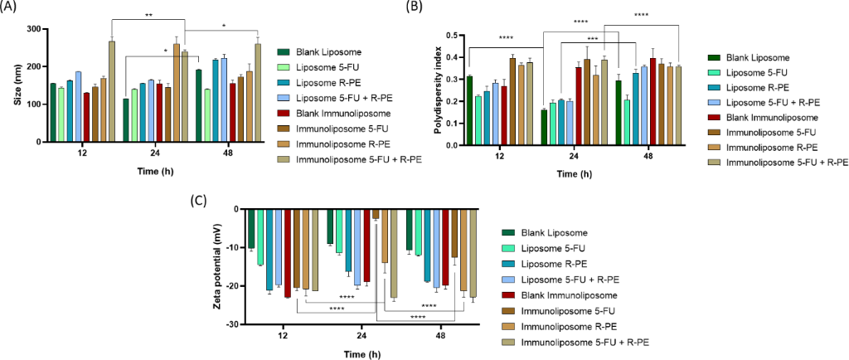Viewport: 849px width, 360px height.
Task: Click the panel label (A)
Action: point(12,7)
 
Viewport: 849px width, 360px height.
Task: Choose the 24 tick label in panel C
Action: point(362,335)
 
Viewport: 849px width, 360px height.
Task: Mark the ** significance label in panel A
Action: point(148,14)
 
